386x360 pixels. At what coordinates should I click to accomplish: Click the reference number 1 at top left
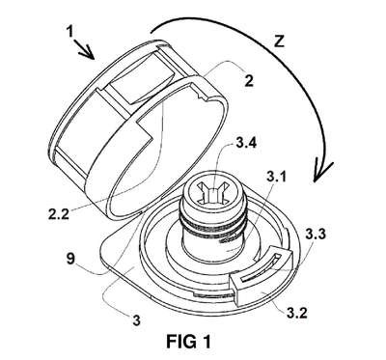point(69,33)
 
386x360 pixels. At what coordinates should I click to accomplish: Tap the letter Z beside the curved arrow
point(279,42)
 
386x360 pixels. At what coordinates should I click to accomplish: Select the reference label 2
point(249,81)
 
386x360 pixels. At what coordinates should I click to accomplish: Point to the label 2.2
point(59,213)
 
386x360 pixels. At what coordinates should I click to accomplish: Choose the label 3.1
point(276,177)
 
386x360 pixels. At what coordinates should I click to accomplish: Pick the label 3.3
point(316,235)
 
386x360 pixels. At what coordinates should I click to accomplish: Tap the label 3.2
point(297,312)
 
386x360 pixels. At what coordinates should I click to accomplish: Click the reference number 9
point(70,259)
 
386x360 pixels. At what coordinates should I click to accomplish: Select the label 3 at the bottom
point(136,320)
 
